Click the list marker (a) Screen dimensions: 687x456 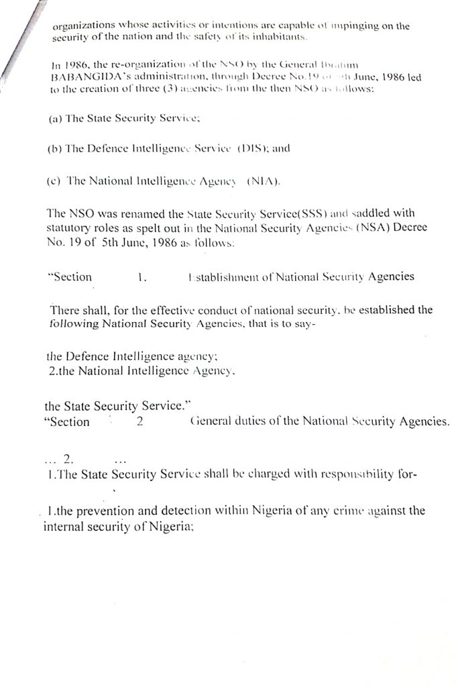56,118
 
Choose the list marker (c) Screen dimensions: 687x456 56,180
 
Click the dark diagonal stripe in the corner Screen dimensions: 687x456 15,40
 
